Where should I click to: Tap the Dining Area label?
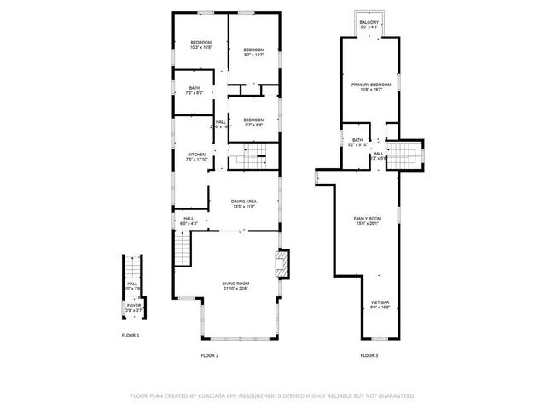click(244, 203)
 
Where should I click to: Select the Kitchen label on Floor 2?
click(197, 156)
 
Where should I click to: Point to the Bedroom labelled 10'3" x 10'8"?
click(201, 44)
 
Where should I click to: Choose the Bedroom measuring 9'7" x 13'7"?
click(254, 53)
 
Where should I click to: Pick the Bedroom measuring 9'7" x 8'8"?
click(254, 122)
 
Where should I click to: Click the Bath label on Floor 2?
click(195, 90)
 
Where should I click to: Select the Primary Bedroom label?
click(369, 86)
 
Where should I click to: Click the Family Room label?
click(368, 221)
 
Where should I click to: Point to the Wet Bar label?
click(380, 305)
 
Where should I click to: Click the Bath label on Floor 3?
click(357, 142)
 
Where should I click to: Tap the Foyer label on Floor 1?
click(134, 307)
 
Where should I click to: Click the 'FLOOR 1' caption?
click(131, 336)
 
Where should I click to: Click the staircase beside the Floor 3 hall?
click(407, 155)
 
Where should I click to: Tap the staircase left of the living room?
click(183, 250)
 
